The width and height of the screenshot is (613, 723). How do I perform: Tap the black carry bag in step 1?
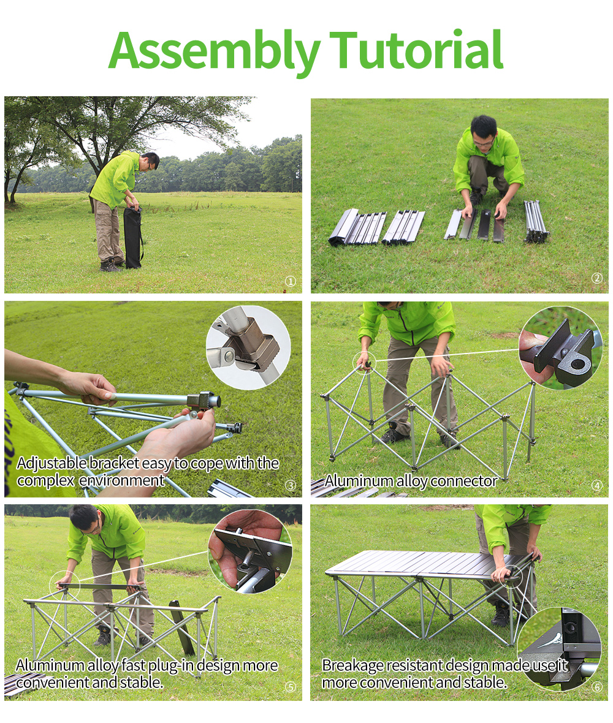pyautogui.click(x=133, y=237)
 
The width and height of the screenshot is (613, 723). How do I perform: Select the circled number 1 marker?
pyautogui.click(x=290, y=281)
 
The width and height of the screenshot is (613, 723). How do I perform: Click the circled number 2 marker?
pyautogui.click(x=597, y=278)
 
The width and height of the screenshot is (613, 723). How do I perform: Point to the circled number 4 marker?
pyautogui.click(x=597, y=485)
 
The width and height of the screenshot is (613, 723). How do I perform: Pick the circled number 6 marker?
pyautogui.click(x=597, y=687)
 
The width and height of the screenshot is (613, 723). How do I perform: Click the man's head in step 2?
pyautogui.click(x=484, y=131)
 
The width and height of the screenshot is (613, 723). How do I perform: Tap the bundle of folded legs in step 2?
pyautogui.click(x=536, y=221)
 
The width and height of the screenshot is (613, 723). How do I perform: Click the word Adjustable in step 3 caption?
pyautogui.click(x=51, y=463)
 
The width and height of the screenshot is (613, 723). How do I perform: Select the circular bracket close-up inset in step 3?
pyautogui.click(x=248, y=347)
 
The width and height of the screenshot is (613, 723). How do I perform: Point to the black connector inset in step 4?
pyautogui.click(x=561, y=347)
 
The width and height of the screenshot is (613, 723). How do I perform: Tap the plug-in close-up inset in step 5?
pyautogui.click(x=250, y=551)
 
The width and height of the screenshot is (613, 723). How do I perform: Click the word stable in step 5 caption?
pyautogui.click(x=140, y=682)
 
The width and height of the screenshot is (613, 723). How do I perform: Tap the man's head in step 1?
pyautogui.click(x=150, y=161)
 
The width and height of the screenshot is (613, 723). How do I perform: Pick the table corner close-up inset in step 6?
pyautogui.click(x=559, y=649)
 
